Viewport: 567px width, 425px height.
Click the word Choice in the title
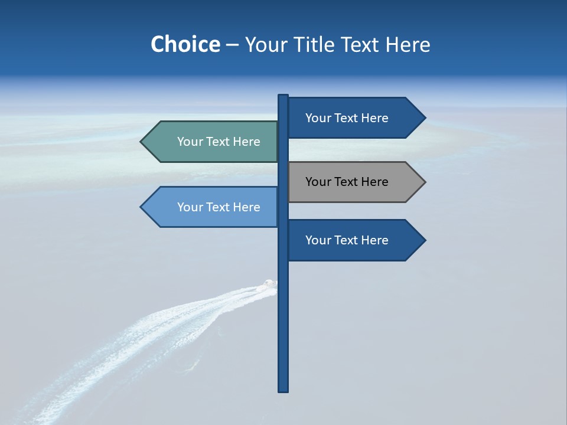point(185,44)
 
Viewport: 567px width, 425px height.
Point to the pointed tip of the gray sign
point(424,182)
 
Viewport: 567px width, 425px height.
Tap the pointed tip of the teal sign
point(142,142)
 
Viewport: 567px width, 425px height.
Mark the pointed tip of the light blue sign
point(142,207)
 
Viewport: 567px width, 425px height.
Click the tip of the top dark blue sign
point(424,117)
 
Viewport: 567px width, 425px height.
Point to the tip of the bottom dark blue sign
point(424,240)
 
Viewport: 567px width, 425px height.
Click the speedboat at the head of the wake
point(270,285)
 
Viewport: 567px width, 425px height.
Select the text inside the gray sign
point(347,182)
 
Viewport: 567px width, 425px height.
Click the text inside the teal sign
point(219,142)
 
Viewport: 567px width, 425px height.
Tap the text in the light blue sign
point(219,207)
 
